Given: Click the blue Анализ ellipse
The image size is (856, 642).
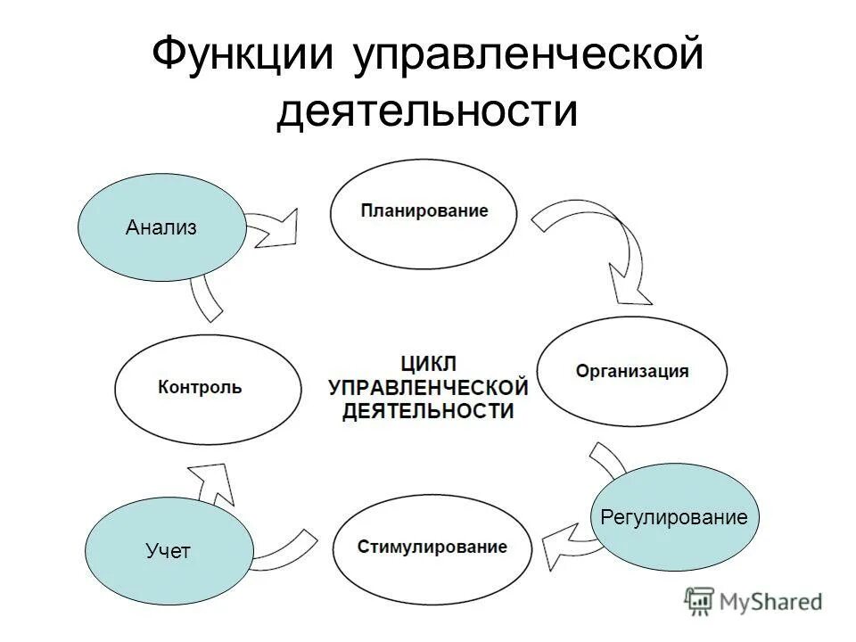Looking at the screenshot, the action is pyautogui.click(x=161, y=227).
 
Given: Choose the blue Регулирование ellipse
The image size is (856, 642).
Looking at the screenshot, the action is pyautogui.click(x=675, y=517).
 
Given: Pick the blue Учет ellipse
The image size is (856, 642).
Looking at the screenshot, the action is pyautogui.click(x=169, y=551).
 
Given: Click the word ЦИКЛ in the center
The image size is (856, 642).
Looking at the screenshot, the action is pyautogui.click(x=428, y=363).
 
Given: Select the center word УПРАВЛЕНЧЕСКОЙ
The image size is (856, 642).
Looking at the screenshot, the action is pyautogui.click(x=428, y=387).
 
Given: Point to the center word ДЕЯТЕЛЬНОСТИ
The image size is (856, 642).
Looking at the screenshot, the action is pyautogui.click(x=428, y=411).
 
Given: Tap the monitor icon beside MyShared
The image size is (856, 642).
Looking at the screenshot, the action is pyautogui.click(x=699, y=602).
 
